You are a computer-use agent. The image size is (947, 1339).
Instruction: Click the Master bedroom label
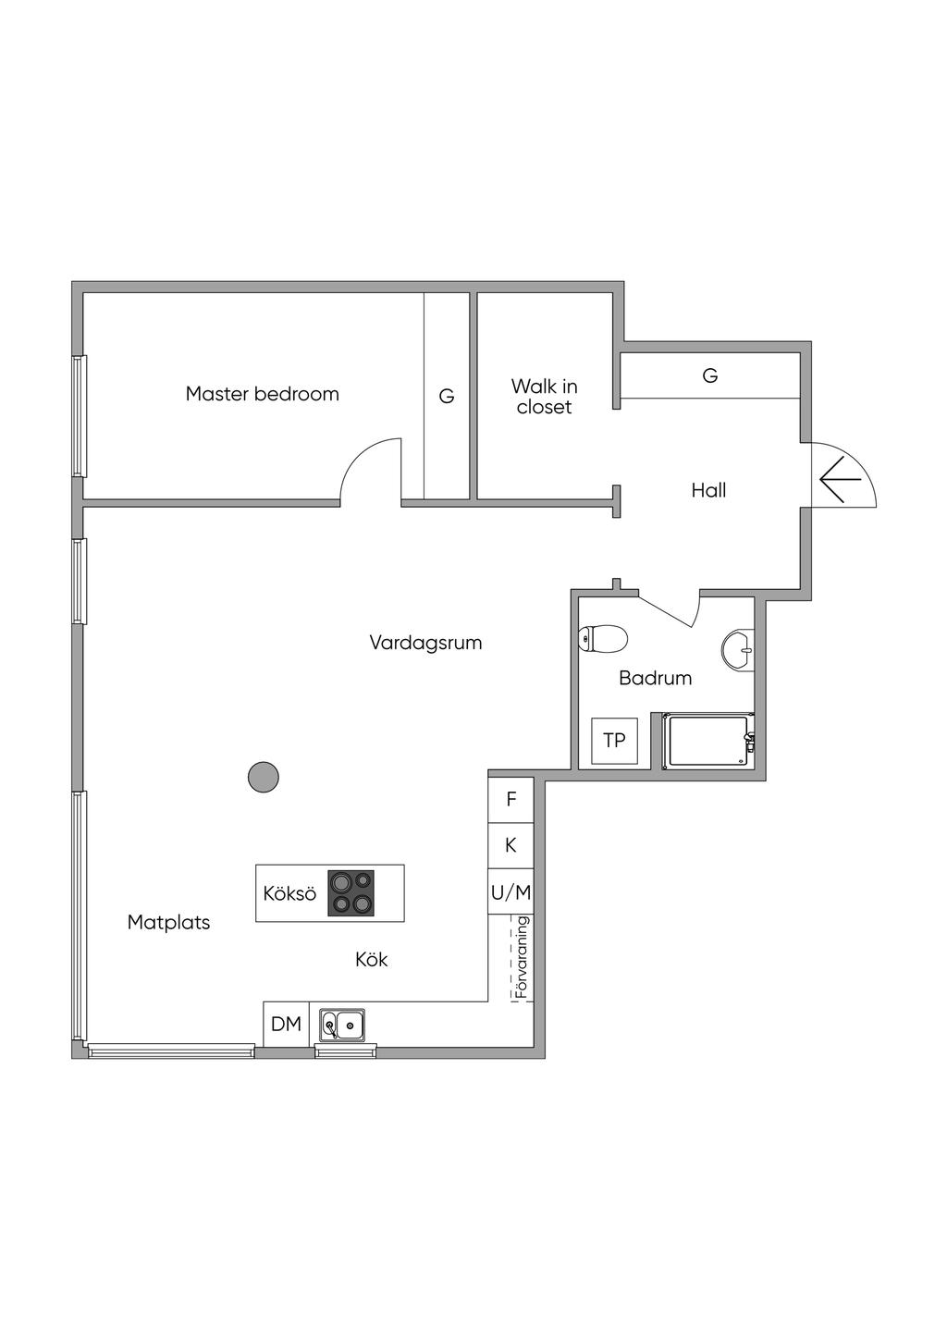262,394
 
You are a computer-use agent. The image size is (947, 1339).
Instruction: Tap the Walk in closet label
544,397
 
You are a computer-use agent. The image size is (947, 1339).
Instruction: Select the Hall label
708,490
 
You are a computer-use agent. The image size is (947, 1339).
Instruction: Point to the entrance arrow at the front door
840,479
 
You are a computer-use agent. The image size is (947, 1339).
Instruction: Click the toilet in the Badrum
603,638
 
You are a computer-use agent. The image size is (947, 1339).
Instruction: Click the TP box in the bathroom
614,741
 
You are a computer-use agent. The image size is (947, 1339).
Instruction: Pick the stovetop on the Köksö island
351,893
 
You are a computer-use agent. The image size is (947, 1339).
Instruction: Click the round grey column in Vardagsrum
263,778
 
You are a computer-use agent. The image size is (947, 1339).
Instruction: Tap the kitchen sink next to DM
342,1026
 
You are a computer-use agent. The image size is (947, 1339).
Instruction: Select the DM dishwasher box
287,1024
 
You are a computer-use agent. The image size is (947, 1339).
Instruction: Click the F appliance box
511,799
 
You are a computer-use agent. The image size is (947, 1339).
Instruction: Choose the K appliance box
511,845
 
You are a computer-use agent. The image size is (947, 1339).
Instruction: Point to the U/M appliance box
511,891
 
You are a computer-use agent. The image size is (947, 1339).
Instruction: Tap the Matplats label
168,922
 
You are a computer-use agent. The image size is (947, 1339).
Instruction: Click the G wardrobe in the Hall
710,375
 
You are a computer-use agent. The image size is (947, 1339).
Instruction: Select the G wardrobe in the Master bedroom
447,396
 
